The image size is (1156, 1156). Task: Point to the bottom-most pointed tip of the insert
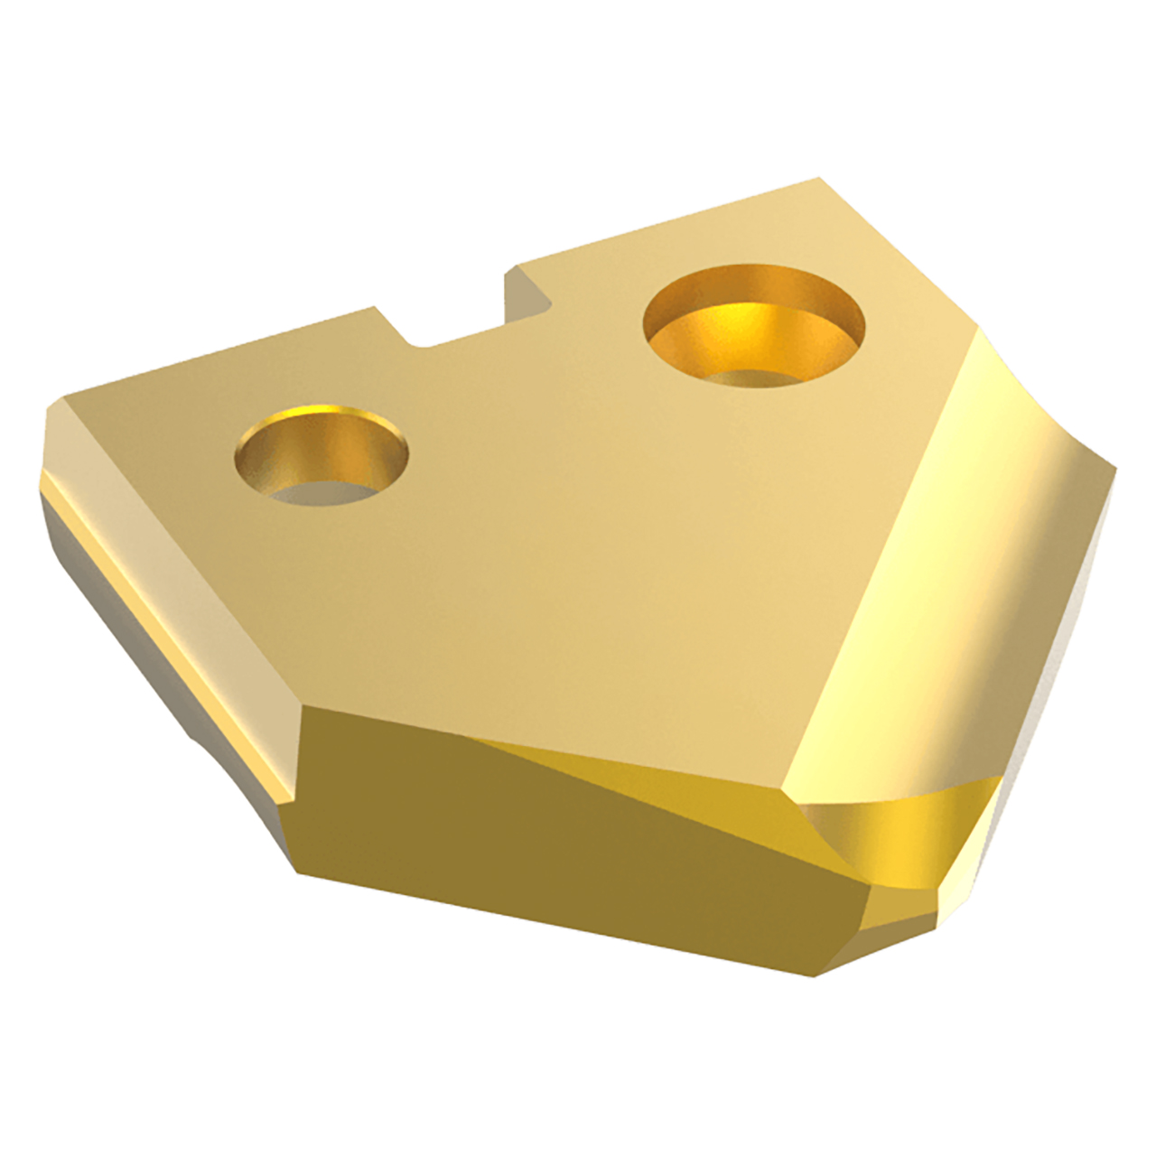pos(817,974)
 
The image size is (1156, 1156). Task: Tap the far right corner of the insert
pos(1116,470)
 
